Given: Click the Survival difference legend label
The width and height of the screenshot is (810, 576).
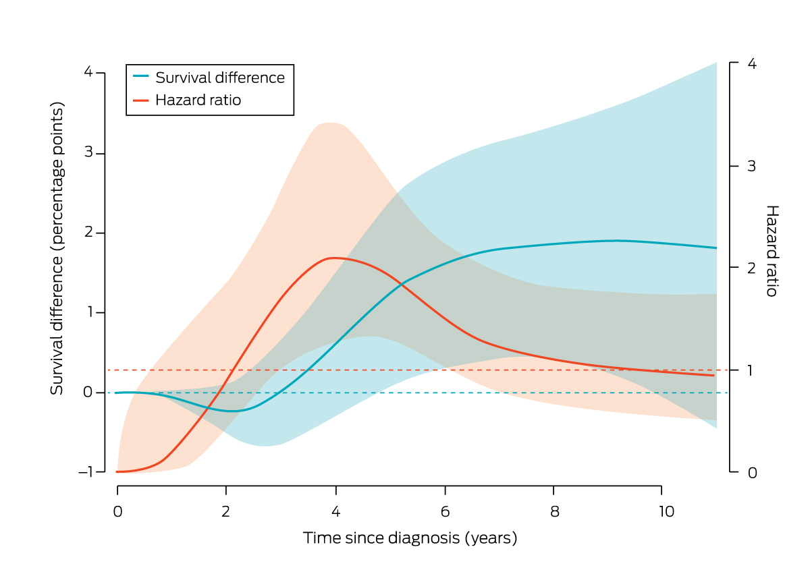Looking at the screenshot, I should pyautogui.click(x=220, y=78).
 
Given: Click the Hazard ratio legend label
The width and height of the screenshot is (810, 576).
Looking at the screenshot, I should pyautogui.click(x=198, y=100).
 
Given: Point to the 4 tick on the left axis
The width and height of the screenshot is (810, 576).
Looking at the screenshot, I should pyautogui.click(x=89, y=73).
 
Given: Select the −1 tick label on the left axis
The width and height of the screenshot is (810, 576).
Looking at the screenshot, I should pyautogui.click(x=86, y=472).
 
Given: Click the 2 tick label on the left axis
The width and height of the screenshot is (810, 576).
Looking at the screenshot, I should pyautogui.click(x=89, y=233).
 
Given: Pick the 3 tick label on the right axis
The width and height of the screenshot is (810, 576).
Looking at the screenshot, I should pyautogui.click(x=751, y=167).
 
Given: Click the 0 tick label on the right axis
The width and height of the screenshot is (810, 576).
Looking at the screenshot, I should pyautogui.click(x=751, y=473).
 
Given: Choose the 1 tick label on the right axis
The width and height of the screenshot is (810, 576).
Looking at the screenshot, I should pyautogui.click(x=751, y=370).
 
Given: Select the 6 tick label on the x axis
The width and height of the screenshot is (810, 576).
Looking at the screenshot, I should pyautogui.click(x=445, y=512).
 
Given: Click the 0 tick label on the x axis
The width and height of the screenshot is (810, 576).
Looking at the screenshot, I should pyautogui.click(x=117, y=512).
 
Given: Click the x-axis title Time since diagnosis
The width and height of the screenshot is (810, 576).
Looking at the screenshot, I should pyautogui.click(x=410, y=538).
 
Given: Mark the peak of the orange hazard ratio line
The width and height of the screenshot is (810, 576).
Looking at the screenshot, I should pyautogui.click(x=332, y=258).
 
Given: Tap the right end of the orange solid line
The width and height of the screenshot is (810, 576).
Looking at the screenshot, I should pyautogui.click(x=715, y=375).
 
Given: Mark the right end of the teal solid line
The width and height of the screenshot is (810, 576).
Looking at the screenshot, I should pyautogui.click(x=715, y=248).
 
